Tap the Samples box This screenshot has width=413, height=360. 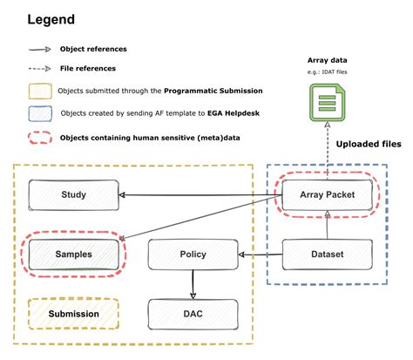tap(74, 255)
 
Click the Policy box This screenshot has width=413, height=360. tap(192, 255)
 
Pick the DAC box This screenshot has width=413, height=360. tap(192, 313)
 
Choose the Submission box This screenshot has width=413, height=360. tap(74, 313)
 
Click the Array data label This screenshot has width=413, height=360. tap(325, 59)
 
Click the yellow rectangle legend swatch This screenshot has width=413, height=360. tap(37, 91)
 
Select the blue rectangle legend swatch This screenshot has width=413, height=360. tap(37, 113)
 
